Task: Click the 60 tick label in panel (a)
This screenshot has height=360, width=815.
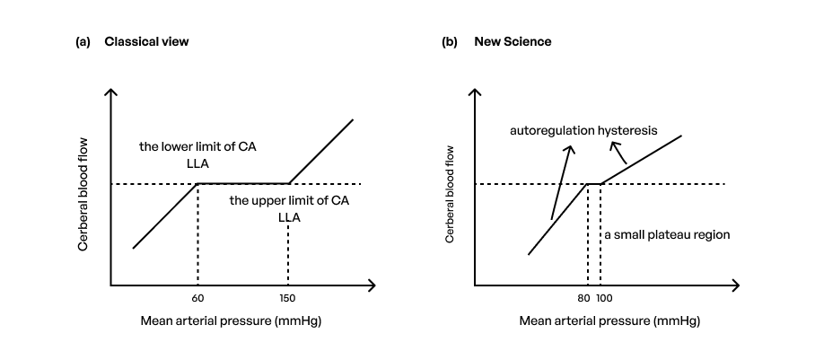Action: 197,298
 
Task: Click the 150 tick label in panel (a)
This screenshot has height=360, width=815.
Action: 287,298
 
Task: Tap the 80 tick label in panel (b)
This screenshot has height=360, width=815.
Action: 584,298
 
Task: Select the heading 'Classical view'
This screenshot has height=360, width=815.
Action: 146,41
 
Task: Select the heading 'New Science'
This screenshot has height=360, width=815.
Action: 513,41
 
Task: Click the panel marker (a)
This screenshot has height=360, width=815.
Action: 83,41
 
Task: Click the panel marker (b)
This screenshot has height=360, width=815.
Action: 450,41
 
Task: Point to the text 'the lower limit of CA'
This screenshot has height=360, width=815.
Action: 203,145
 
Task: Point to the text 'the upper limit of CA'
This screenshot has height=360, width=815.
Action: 288,199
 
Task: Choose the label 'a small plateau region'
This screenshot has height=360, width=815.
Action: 667,235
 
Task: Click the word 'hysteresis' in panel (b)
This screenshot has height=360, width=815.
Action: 627,130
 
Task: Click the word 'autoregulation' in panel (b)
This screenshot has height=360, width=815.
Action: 552,130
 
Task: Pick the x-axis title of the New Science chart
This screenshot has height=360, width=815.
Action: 609,320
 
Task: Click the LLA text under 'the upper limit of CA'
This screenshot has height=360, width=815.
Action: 288,216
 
